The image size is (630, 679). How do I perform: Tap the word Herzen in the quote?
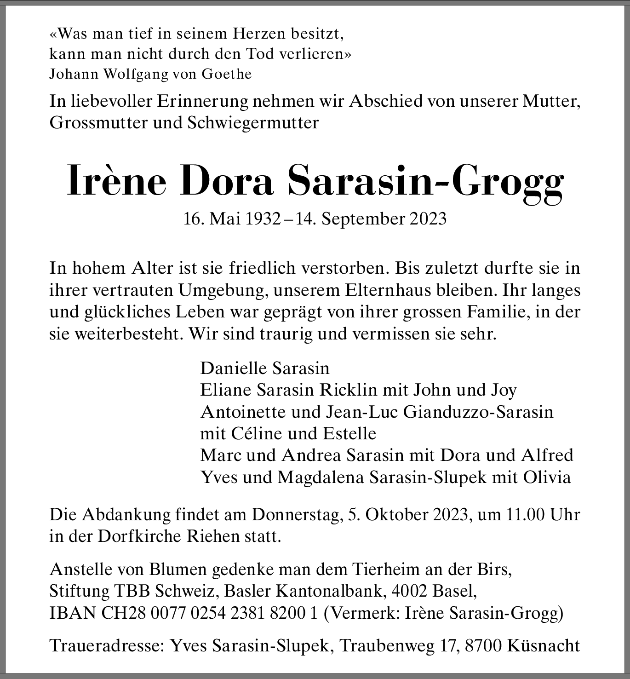[x=260, y=34]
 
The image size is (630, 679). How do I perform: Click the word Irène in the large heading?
[x=116, y=181]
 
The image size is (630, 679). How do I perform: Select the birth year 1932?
[x=263, y=219]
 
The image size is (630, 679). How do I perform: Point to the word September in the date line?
[x=358, y=219]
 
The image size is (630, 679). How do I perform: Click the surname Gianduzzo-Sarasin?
[x=478, y=412]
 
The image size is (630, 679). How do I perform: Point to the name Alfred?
[x=547, y=455]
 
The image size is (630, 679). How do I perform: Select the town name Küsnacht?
[x=544, y=646]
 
